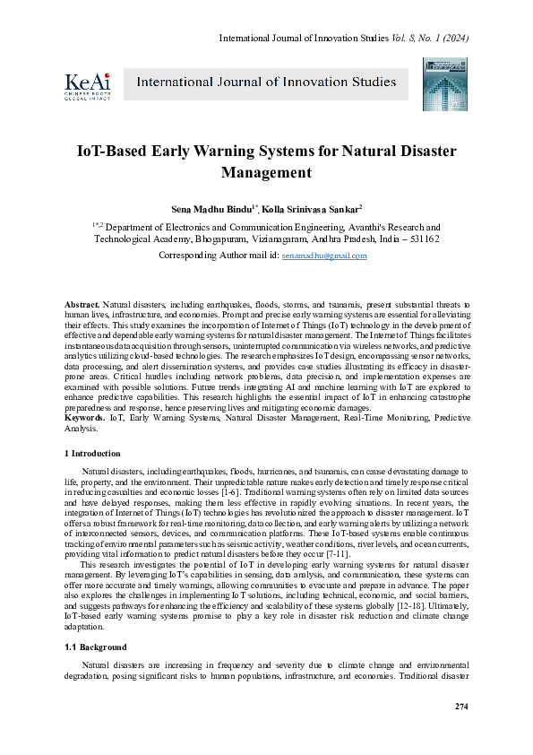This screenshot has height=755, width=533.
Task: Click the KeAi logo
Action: click(x=86, y=83)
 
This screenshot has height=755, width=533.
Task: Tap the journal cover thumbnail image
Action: click(x=439, y=83)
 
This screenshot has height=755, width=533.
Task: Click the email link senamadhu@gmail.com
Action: click(x=324, y=256)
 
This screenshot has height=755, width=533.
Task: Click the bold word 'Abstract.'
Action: click(x=83, y=306)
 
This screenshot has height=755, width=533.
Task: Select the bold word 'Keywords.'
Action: click(x=85, y=419)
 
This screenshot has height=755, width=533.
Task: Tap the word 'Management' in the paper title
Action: click(x=266, y=173)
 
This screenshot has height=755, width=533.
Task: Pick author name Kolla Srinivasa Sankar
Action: click(x=310, y=208)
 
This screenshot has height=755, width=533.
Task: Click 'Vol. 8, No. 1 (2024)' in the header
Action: click(x=429, y=38)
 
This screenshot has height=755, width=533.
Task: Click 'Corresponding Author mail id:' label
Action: click(x=218, y=256)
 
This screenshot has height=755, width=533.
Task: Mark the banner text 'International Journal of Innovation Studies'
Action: click(x=266, y=82)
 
